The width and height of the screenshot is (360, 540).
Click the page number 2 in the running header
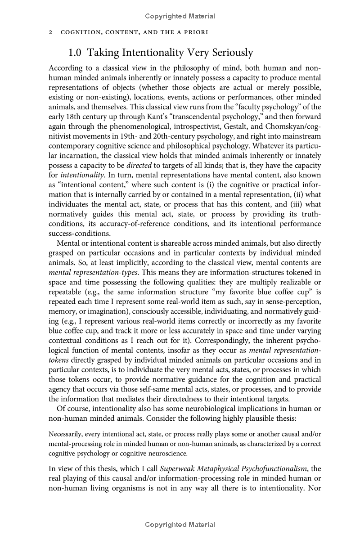tap(50, 33)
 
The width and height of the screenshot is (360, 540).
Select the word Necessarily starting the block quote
tap(65, 434)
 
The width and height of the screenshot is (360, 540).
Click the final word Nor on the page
tap(314, 488)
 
